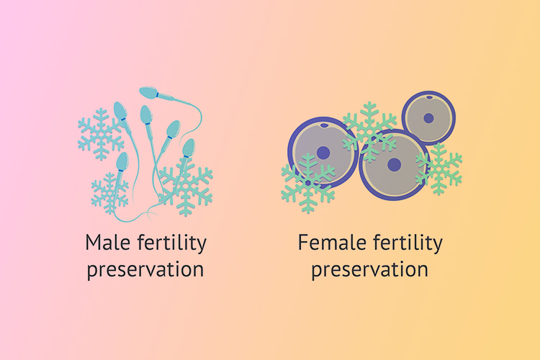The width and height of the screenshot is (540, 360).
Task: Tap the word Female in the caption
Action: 332,243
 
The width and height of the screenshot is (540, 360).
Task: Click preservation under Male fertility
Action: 145,270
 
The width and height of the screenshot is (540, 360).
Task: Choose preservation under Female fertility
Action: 370,270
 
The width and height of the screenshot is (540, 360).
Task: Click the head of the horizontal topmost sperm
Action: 149,92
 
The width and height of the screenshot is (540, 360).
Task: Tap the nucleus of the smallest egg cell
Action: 428,118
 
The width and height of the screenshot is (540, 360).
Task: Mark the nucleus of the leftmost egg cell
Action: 323,153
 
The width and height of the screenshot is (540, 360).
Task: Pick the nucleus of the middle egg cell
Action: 395,165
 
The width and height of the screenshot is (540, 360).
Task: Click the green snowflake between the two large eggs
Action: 369,132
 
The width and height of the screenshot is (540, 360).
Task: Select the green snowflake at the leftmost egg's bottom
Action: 308,183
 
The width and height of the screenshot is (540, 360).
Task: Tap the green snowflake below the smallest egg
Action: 438,168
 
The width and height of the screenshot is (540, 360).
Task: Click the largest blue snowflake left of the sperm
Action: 101,135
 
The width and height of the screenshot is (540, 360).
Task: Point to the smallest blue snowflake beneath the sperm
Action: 110,193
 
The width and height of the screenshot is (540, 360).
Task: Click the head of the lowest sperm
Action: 122,161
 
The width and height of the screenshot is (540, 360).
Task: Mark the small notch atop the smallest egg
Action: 429,97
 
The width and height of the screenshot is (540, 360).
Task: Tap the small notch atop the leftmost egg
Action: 324,125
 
